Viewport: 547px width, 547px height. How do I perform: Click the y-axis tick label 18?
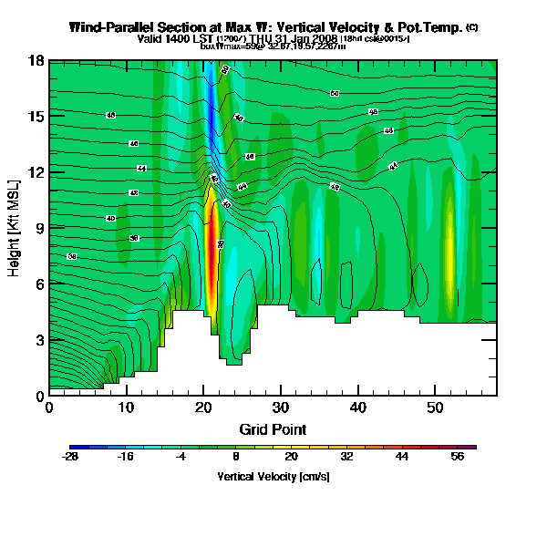point(36,61)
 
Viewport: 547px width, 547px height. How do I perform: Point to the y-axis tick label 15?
point(36,117)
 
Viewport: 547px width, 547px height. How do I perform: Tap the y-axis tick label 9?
point(39,228)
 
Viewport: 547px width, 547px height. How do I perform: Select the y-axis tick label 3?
point(39,340)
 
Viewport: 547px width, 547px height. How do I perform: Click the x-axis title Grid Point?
point(272,428)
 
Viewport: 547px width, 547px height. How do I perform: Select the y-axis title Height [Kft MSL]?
point(15,228)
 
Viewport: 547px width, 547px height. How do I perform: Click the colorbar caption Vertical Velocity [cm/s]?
point(273,477)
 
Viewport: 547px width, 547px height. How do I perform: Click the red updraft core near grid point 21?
point(212,264)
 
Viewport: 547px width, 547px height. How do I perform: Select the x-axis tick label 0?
point(49,408)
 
